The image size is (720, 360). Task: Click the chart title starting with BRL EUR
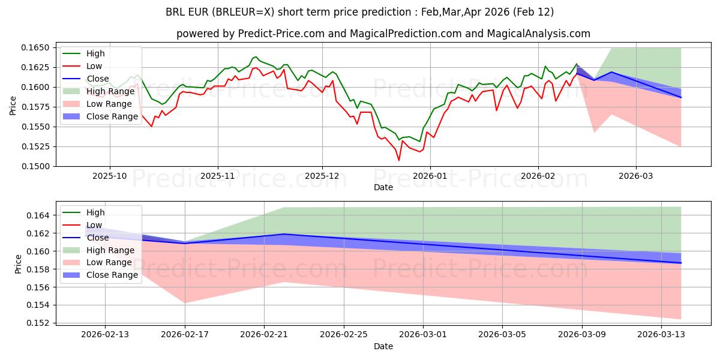(x=359, y=12)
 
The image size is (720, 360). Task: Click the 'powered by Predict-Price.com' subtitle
(x=383, y=34)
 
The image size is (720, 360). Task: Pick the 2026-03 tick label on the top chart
(x=636, y=176)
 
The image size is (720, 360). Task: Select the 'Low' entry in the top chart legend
(x=94, y=66)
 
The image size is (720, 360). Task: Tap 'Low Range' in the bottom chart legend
(x=107, y=263)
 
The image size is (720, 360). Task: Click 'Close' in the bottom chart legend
(x=98, y=238)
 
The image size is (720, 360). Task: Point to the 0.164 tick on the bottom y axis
(x=41, y=215)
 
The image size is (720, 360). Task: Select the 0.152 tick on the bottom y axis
(x=41, y=323)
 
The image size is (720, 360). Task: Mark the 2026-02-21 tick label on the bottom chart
(x=264, y=334)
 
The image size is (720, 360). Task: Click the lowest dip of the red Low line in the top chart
(x=399, y=160)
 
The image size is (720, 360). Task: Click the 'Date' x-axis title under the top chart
(x=383, y=187)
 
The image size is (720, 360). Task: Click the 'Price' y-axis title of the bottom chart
(x=18, y=264)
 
